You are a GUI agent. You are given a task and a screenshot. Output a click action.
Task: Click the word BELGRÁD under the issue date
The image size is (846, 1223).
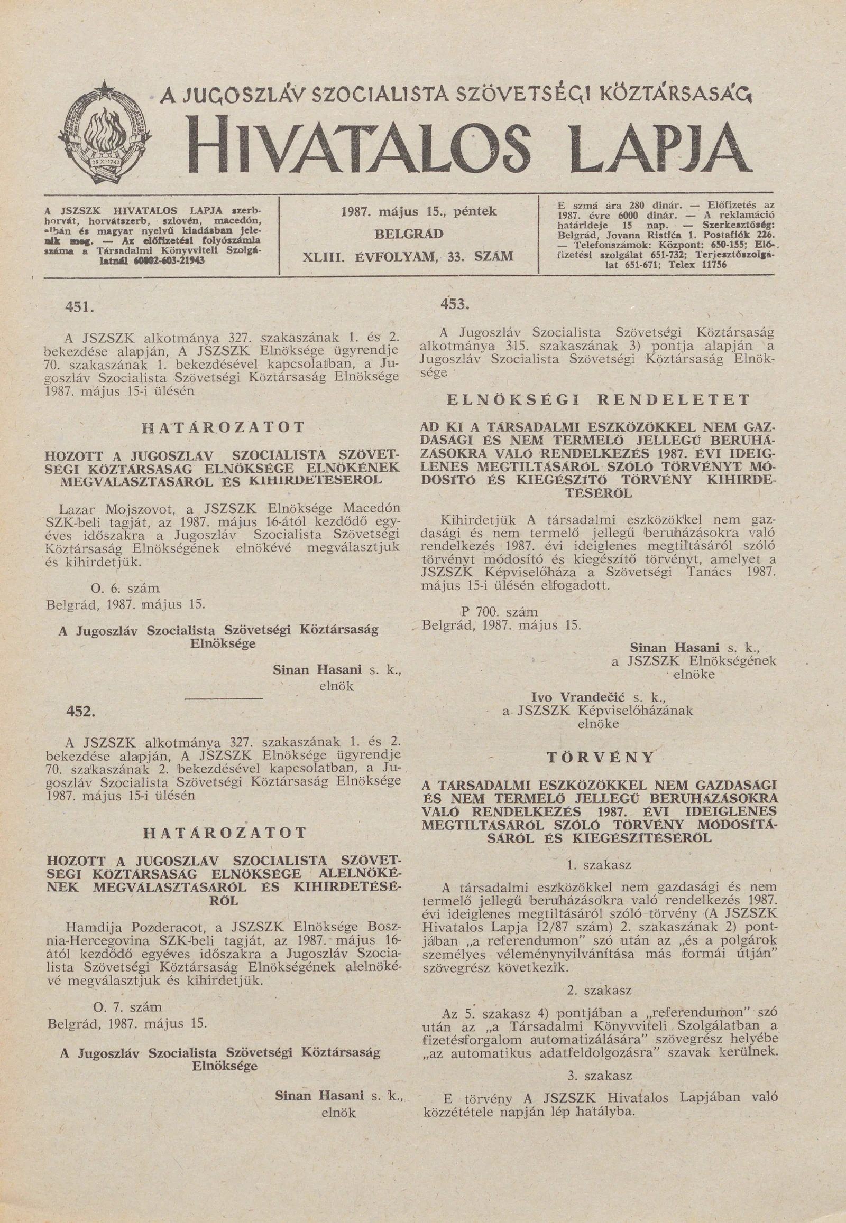pyautogui.click(x=409, y=234)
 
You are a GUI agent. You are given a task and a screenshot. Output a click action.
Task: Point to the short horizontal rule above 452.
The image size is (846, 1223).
pyautogui.click(x=224, y=700)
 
